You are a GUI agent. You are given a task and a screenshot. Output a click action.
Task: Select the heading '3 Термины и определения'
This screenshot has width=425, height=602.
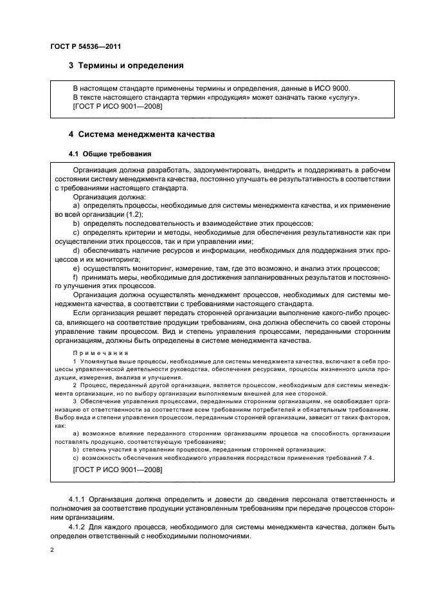[126, 66]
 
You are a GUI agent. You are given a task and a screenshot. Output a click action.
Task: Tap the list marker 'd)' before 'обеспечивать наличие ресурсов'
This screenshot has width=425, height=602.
[77, 250]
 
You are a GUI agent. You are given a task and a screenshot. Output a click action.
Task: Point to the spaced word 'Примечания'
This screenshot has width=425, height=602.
[101, 353]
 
